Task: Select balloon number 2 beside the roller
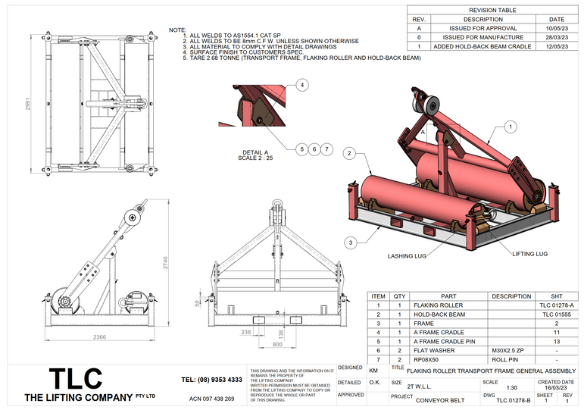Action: [350, 153]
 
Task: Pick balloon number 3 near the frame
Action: [350, 242]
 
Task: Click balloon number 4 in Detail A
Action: [302, 86]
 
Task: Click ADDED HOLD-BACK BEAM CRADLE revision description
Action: [483, 46]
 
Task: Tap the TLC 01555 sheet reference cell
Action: [557, 314]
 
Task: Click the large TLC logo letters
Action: [76, 379]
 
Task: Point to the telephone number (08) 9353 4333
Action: [212, 379]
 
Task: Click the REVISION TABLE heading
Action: [493, 10]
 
